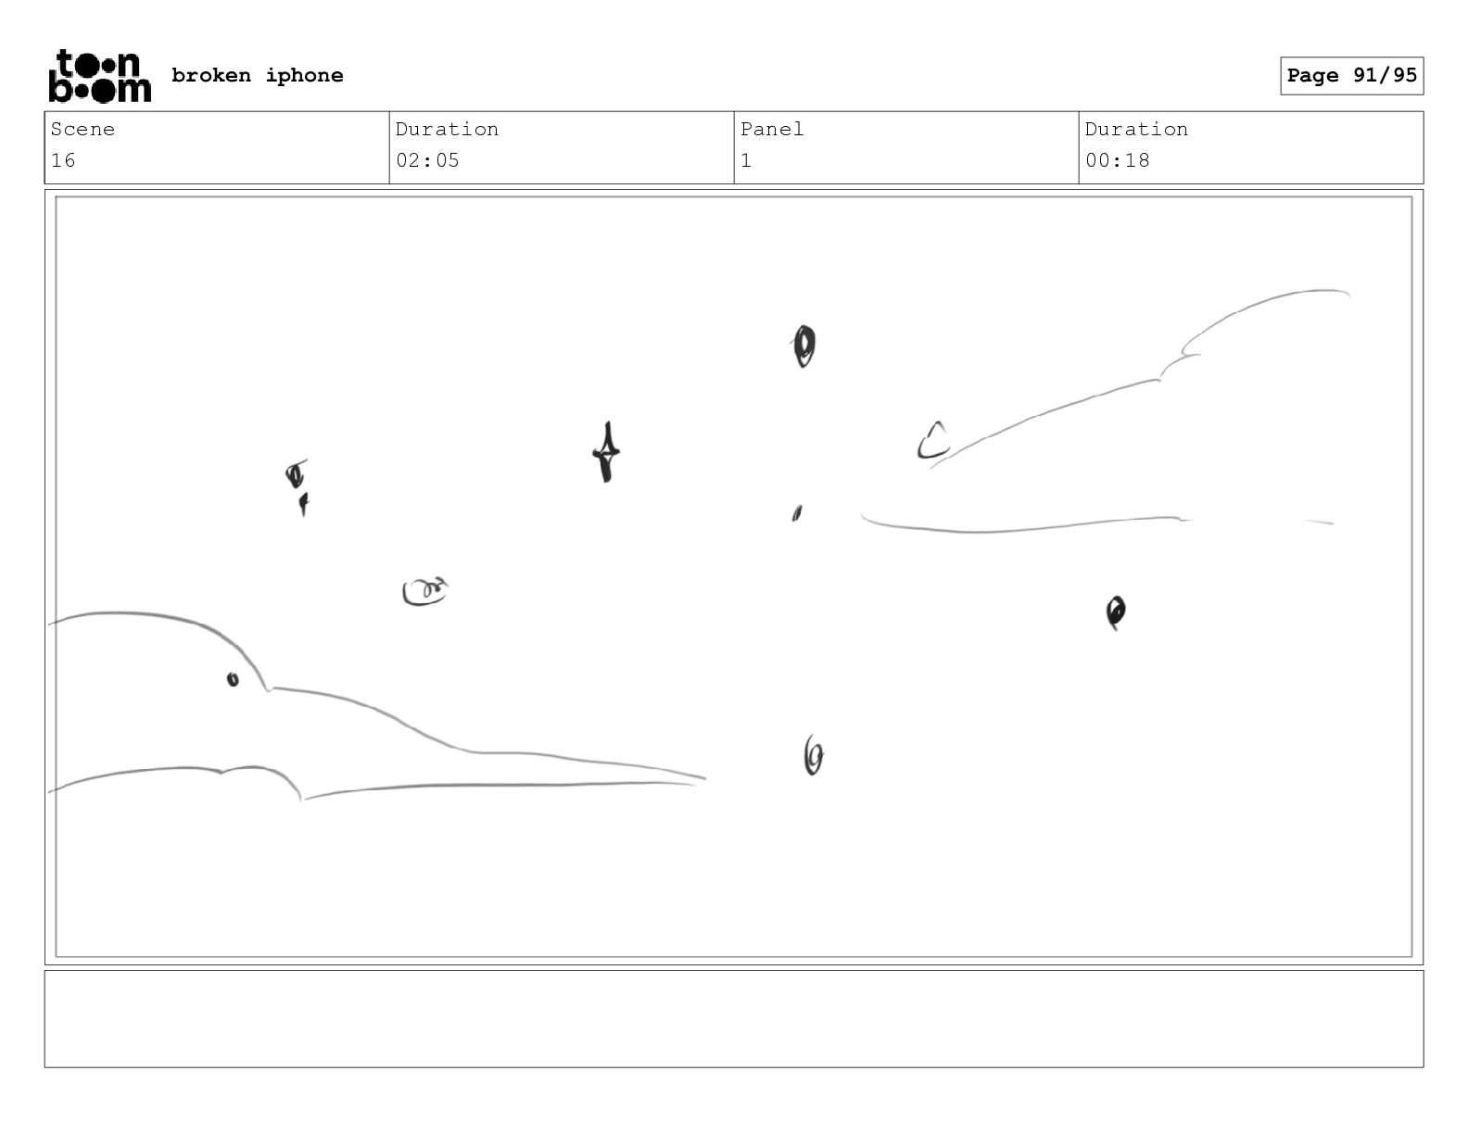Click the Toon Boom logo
pos(100,76)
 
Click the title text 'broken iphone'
pos(258,76)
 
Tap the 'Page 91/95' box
pos(1352,76)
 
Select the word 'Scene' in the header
pos(82,129)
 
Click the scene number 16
pos(63,161)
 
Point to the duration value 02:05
pos(427,161)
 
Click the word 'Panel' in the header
pos(772,129)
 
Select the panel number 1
pos(746,161)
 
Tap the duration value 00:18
pos(1118,161)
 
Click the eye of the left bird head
pos(233,679)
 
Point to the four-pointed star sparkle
pos(607,452)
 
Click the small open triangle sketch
pos(933,441)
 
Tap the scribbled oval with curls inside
pos(424,592)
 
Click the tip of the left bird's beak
pos(705,779)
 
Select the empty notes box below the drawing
pos(734,1019)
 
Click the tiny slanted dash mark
pos(797,513)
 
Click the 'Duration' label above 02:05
pos(448,129)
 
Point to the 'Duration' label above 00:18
pos(1136,129)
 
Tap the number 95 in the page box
pos(1405,75)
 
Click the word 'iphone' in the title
pos(305,76)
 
